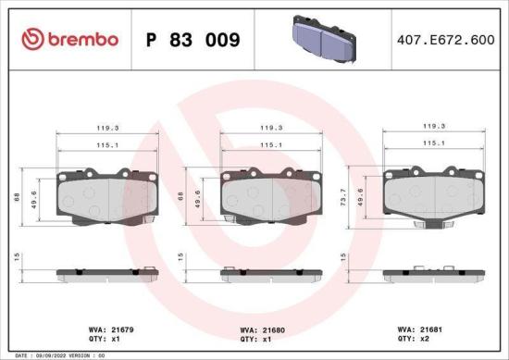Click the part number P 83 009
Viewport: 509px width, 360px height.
tap(193, 40)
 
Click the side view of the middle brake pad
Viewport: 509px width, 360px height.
tap(266, 274)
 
